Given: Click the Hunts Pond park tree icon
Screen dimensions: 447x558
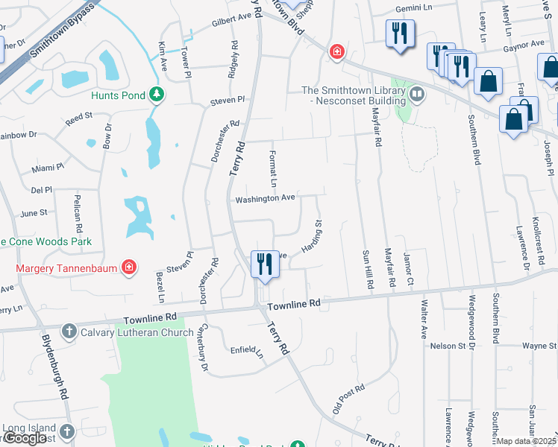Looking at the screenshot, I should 157,95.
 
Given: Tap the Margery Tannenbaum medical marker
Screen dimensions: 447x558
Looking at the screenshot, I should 129,267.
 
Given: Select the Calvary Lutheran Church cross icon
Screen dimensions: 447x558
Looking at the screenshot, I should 69,332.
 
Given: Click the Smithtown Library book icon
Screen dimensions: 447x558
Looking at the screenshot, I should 416,95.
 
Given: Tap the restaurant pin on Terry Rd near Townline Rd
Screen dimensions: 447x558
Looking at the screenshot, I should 264,264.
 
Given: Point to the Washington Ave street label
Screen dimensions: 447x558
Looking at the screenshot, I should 266,199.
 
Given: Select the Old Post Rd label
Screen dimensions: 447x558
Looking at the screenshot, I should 348,399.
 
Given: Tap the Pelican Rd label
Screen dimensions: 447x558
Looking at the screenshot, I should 77,219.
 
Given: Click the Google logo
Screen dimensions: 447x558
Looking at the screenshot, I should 25,439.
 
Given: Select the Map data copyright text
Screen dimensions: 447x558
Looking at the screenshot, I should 527,441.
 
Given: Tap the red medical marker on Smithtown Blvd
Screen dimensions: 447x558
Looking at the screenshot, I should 338,51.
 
